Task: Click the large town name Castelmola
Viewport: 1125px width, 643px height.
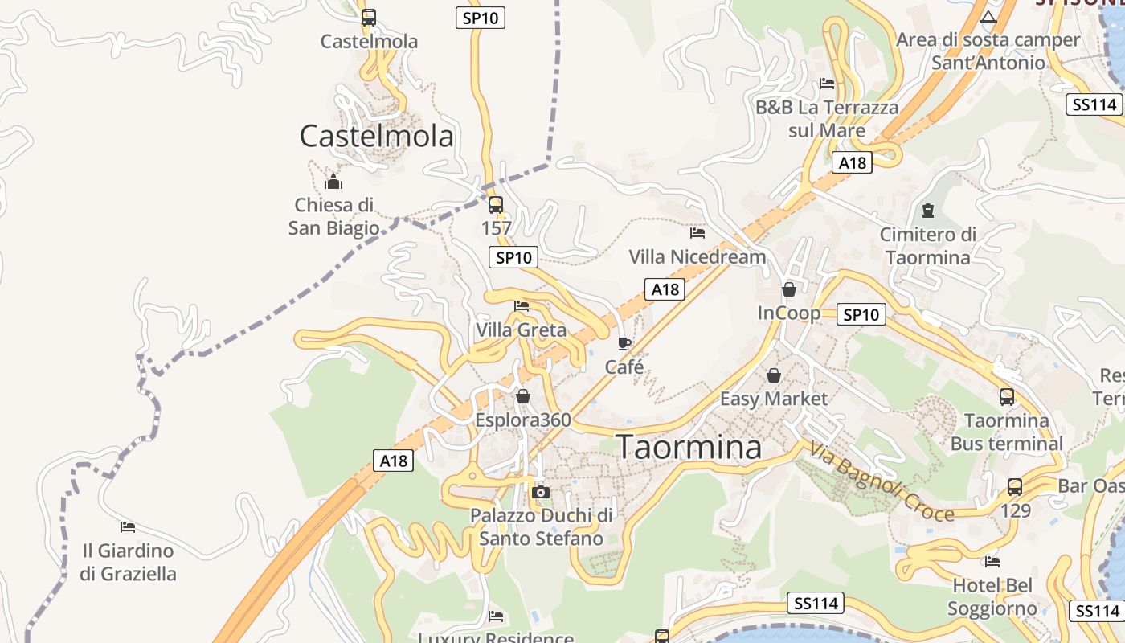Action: tap(376, 136)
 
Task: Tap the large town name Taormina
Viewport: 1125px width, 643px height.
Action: tap(689, 447)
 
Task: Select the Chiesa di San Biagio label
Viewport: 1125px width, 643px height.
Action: tap(333, 216)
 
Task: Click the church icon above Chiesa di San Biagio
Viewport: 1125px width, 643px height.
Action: tap(333, 182)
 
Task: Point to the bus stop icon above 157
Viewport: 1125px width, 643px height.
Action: tap(496, 204)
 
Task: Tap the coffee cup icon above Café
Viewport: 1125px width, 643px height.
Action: tap(624, 343)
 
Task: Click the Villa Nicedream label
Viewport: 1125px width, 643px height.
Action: tap(697, 256)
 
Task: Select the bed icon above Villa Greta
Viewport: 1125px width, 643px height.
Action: tap(522, 305)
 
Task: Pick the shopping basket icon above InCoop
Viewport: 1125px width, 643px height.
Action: tap(789, 289)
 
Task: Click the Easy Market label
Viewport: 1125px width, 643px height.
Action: tap(773, 399)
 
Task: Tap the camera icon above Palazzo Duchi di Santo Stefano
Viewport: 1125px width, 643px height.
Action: tap(541, 492)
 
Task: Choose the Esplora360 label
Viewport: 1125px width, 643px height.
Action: tap(523, 420)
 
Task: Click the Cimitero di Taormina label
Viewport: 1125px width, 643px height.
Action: tap(927, 246)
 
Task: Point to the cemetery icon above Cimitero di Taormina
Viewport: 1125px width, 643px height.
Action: tap(928, 211)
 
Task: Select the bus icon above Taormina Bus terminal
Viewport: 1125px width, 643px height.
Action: tap(1006, 396)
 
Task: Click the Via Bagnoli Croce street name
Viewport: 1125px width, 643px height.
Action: tap(882, 481)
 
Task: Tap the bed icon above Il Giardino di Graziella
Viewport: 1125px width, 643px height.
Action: tap(128, 527)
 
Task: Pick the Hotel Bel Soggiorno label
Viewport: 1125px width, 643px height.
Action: tap(992, 596)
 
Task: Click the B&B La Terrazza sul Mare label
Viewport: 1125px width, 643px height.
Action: tap(827, 118)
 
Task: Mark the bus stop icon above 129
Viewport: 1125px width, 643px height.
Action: tap(1015, 486)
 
